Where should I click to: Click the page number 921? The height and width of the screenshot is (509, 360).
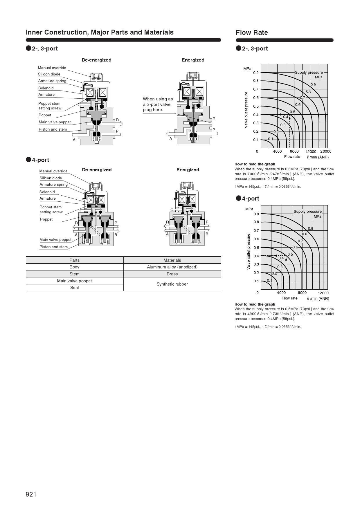tap(31, 494)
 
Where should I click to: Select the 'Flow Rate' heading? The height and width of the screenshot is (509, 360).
tap(252, 33)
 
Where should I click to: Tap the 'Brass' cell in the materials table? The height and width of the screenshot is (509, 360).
tap(172, 274)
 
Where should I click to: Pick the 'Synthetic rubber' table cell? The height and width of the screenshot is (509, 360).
tap(172, 284)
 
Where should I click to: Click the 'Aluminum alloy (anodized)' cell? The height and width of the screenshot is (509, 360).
tap(172, 267)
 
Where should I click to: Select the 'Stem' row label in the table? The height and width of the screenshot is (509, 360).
tap(74, 274)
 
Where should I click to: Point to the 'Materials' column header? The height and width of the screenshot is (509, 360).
tap(172, 260)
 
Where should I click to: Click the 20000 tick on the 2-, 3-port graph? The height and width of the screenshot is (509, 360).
tap(325, 151)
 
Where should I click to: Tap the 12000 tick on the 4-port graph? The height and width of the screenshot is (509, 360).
tap(323, 293)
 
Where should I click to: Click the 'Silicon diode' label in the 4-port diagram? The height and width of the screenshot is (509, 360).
tap(51, 178)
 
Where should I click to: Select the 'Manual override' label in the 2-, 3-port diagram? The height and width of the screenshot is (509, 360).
tap(52, 68)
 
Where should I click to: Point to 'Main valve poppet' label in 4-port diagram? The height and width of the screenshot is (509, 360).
tap(55, 240)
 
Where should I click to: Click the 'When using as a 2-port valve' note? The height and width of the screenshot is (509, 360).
tap(158, 104)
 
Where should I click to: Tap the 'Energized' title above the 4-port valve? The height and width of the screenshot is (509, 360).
tap(188, 170)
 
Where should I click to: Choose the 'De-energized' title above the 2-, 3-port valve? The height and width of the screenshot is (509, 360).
tap(96, 60)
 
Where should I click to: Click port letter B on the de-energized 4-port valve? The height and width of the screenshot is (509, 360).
tap(116, 235)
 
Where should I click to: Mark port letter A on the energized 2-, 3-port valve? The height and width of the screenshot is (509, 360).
tap(171, 139)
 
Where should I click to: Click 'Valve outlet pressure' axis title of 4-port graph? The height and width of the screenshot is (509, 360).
tap(248, 251)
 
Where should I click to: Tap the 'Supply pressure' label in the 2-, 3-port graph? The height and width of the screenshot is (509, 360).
tap(309, 73)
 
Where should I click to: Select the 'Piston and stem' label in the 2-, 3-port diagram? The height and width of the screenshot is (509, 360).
tap(53, 129)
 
